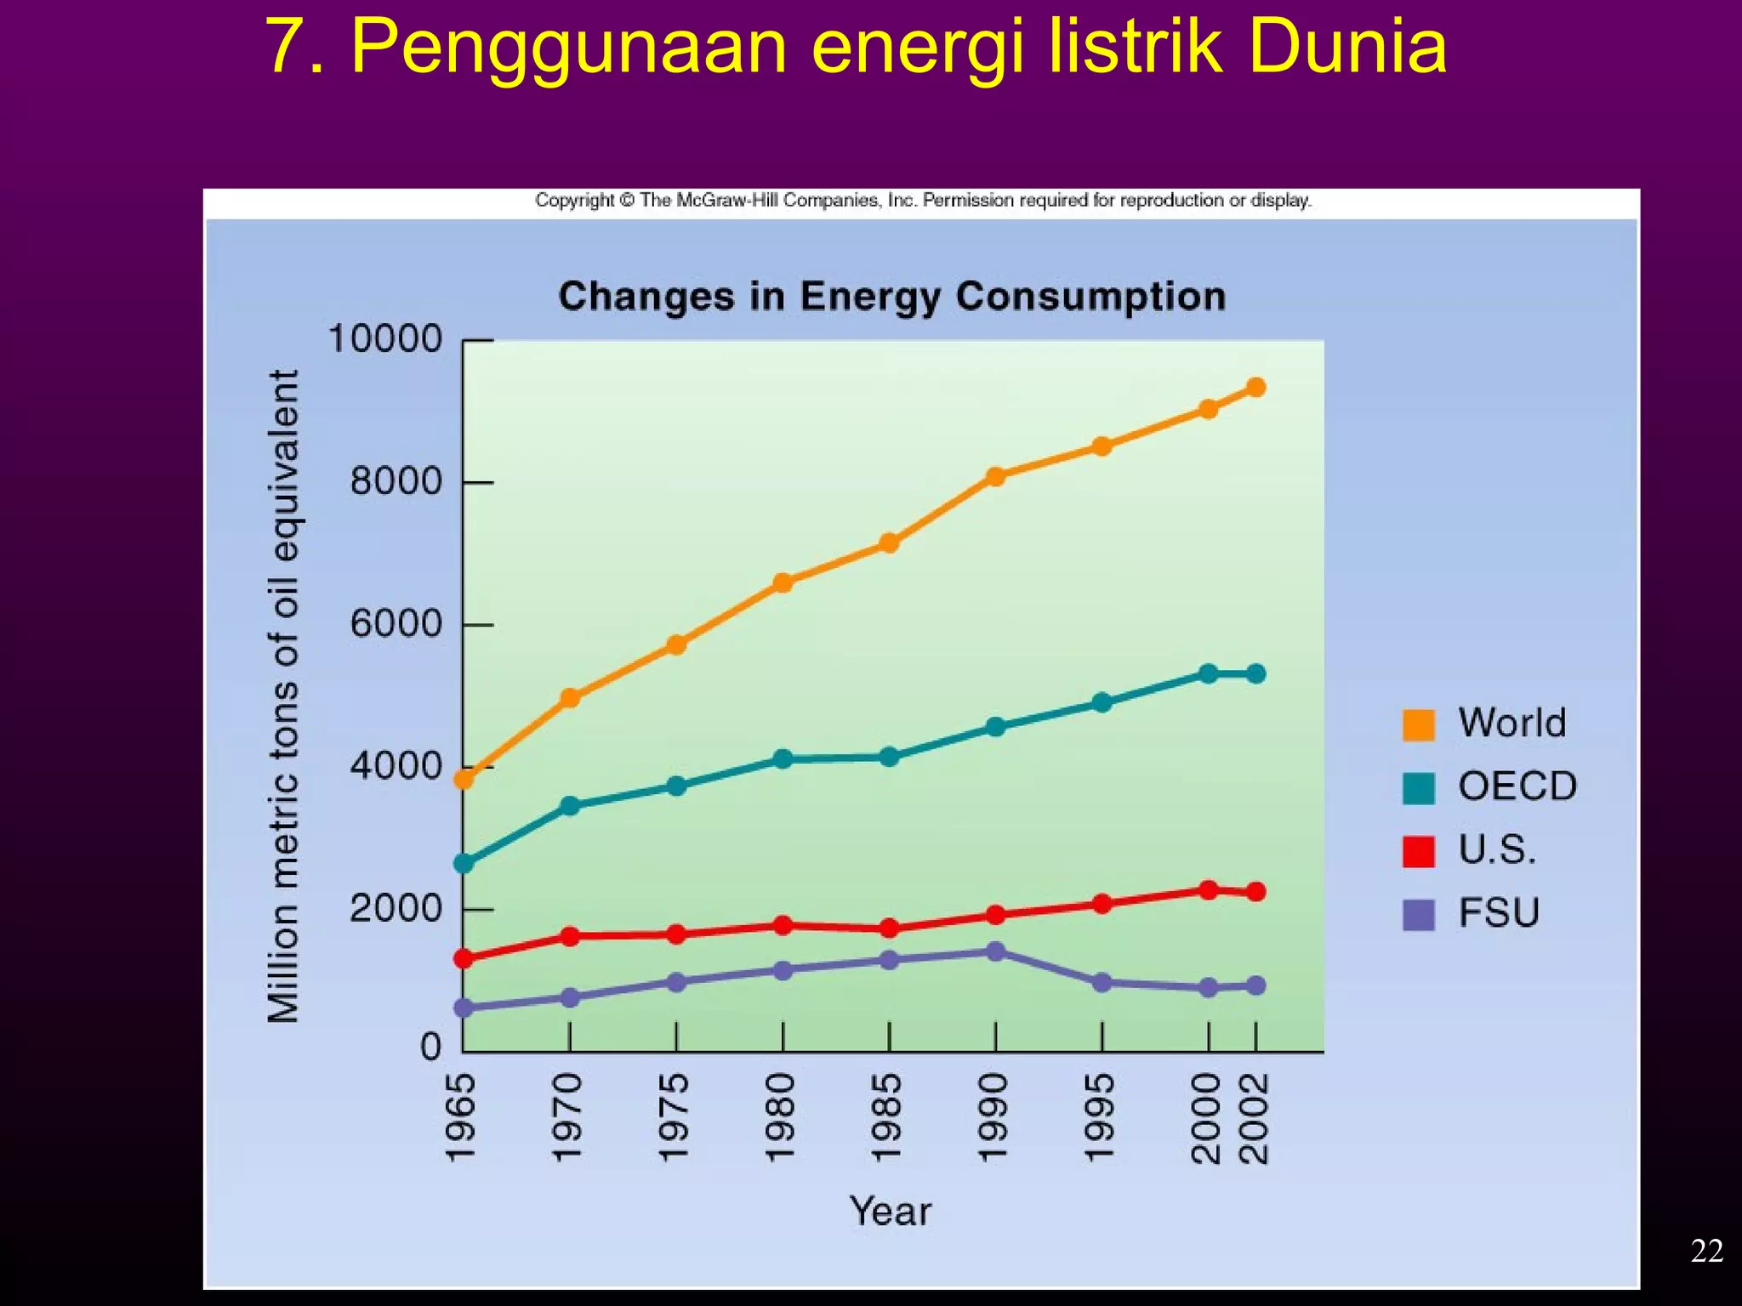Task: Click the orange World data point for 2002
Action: point(1255,388)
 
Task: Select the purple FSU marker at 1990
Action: point(995,951)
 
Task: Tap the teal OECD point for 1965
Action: point(464,864)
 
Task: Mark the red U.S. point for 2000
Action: point(1208,890)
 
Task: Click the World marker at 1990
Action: point(995,476)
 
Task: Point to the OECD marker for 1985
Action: point(889,757)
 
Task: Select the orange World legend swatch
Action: point(1418,724)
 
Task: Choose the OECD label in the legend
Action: point(1517,786)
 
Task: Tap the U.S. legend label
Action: point(1497,849)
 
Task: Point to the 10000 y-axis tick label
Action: point(385,339)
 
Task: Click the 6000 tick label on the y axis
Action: point(396,624)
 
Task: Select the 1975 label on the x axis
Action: point(674,1117)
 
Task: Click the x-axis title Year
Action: point(890,1211)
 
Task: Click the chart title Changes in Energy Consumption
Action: point(891,297)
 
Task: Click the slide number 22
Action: point(1706,1251)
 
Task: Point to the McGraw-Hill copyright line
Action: point(923,201)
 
